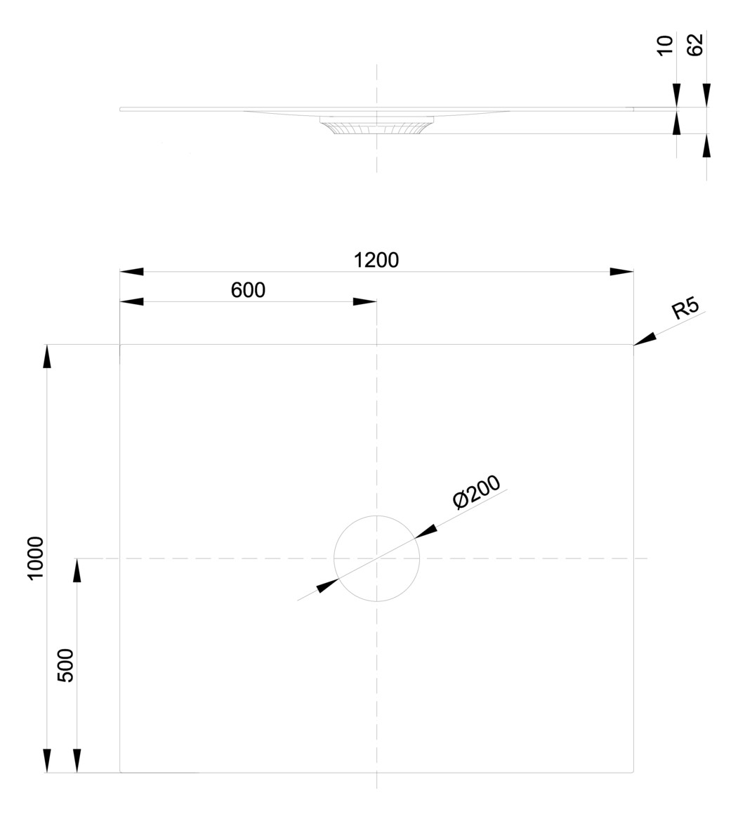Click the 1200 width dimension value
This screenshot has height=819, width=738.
[376, 260]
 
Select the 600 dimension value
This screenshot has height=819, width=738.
[249, 290]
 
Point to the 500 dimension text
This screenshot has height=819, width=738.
[65, 664]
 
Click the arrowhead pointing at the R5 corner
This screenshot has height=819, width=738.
[645, 338]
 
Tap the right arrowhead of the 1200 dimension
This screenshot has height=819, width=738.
[621, 271]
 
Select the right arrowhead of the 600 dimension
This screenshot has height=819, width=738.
[364, 302]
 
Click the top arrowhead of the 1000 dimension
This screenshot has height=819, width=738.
[47, 355]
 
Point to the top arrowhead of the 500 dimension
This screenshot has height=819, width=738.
[77, 570]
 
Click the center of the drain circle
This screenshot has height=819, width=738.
[377, 558]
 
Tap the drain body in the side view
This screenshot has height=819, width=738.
[377, 126]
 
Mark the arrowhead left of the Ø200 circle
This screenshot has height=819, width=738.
[328, 585]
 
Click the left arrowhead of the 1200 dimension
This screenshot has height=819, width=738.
[132, 271]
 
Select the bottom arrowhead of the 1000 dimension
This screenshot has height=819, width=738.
[47, 761]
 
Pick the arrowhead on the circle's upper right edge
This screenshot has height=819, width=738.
[426, 531]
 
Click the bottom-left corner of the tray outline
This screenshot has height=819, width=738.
[121, 772]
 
